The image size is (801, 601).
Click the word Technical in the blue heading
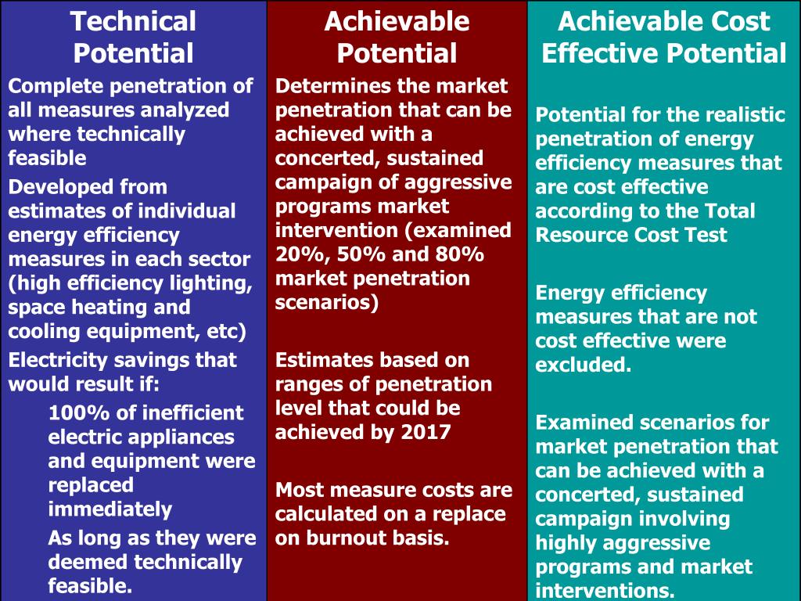[x=133, y=21]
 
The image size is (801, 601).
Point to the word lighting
[x=210, y=283]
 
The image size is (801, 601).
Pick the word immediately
[x=110, y=509]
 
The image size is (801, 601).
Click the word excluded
[x=583, y=365]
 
